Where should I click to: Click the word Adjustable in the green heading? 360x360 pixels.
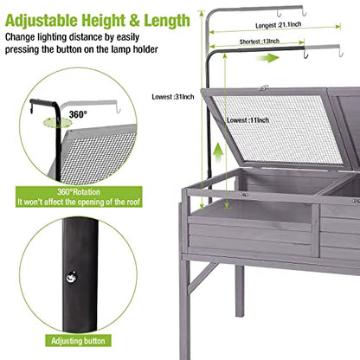tap(42, 21)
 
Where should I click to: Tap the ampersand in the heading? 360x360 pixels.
tap(135, 21)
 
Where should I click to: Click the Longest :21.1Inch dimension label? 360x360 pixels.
tap(279, 25)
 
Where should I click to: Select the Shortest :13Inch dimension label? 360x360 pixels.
tap(260, 42)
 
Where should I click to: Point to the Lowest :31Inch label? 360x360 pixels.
tap(173, 97)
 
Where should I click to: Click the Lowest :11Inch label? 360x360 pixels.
tap(247, 120)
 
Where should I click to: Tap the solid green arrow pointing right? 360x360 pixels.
tap(268, 58)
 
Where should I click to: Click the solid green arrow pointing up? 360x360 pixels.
tap(219, 154)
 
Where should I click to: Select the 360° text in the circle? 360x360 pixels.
tap(78, 114)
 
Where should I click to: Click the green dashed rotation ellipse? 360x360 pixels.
tap(57, 122)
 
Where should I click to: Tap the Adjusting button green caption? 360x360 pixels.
tap(78, 341)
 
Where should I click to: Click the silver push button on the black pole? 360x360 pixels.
tap(71, 278)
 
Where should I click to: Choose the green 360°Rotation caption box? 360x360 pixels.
tap(79, 196)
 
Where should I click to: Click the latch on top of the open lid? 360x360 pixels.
tap(263, 87)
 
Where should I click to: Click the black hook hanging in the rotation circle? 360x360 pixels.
tap(31, 108)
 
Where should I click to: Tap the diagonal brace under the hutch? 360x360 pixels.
tap(203, 277)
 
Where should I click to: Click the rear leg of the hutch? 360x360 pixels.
tap(240, 291)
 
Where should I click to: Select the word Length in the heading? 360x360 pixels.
tap(167, 21)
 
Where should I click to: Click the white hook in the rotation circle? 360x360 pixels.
tap(118, 107)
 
